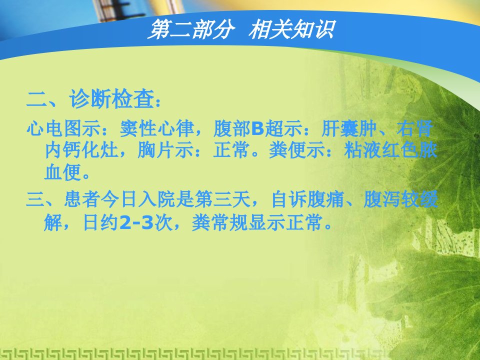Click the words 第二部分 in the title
click(191, 29)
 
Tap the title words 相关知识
click(292, 29)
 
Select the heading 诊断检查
click(111, 98)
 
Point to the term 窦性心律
click(156, 128)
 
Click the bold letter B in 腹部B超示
click(257, 128)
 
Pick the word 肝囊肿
click(349, 128)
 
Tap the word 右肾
click(415, 128)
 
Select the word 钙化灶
click(90, 150)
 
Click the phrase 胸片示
click(165, 150)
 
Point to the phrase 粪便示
click(296, 150)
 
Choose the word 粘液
click(362, 150)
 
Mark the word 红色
click(400, 150)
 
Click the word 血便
click(63, 172)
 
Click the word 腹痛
click(326, 199)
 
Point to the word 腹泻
click(382, 199)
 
